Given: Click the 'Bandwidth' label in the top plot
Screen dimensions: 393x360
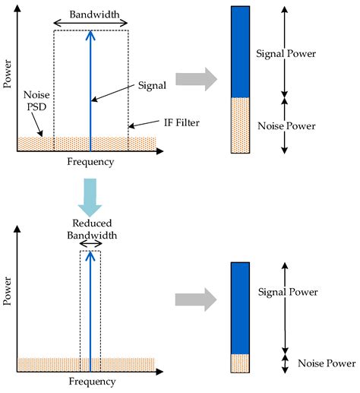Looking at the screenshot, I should click(90, 14).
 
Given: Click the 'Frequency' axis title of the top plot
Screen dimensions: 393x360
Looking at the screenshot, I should click(91, 161).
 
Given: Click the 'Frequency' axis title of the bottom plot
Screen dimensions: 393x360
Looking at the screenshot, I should click(91, 381).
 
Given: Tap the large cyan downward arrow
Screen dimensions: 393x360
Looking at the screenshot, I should click(90, 195).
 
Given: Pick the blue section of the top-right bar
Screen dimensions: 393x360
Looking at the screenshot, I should click(242, 52).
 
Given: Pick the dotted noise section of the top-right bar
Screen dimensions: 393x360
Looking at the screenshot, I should click(242, 125).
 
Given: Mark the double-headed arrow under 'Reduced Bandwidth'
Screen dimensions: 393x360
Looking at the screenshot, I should click(90, 244).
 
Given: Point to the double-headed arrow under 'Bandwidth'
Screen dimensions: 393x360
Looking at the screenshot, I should click(90, 24).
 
